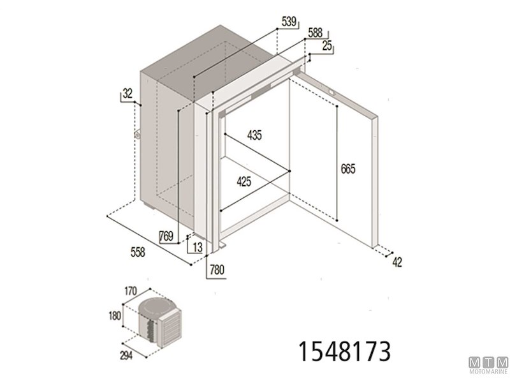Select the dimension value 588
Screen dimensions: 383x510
(315, 33)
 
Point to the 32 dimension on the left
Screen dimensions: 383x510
(127, 94)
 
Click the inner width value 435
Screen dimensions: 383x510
(254, 135)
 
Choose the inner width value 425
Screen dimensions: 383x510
(244, 182)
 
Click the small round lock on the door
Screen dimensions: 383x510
(331, 93)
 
